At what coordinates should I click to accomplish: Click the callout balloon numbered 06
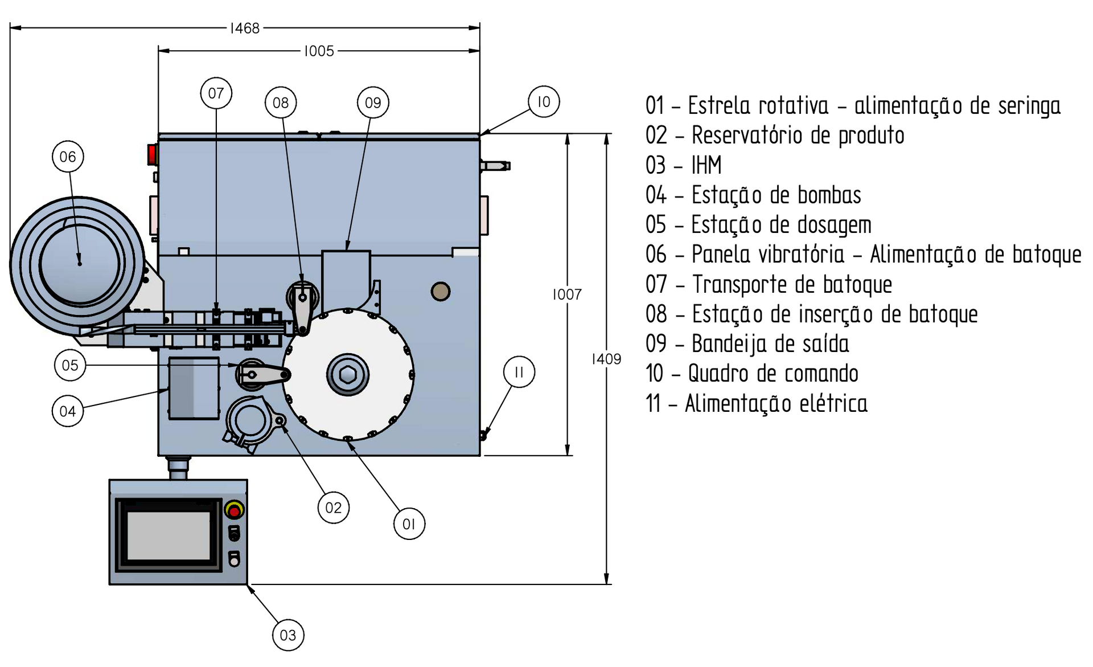(68, 157)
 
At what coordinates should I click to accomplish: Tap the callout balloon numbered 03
(288, 635)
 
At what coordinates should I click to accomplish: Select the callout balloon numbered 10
(544, 102)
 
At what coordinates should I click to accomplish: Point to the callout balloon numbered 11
(519, 372)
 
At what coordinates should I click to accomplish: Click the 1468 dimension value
(245, 28)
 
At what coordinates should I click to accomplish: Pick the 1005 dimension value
(319, 51)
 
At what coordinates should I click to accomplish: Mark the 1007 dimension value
(567, 294)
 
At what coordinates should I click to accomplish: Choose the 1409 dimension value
(606, 359)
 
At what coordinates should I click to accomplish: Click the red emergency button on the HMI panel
(234, 510)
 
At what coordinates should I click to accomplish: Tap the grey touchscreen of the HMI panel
(169, 535)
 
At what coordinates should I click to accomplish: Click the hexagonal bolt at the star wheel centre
(348, 375)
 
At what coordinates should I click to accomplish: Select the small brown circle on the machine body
(441, 292)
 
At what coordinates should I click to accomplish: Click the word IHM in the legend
(706, 165)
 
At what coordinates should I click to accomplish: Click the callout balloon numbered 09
(373, 103)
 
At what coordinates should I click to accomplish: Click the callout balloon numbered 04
(68, 411)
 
